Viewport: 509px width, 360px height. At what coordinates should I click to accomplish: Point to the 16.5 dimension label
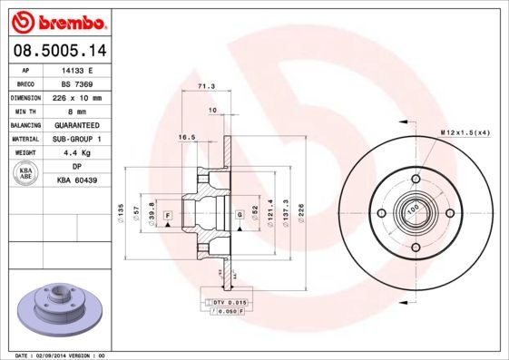[187, 137]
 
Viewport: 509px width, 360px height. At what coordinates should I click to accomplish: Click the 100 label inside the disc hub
[413, 209]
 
